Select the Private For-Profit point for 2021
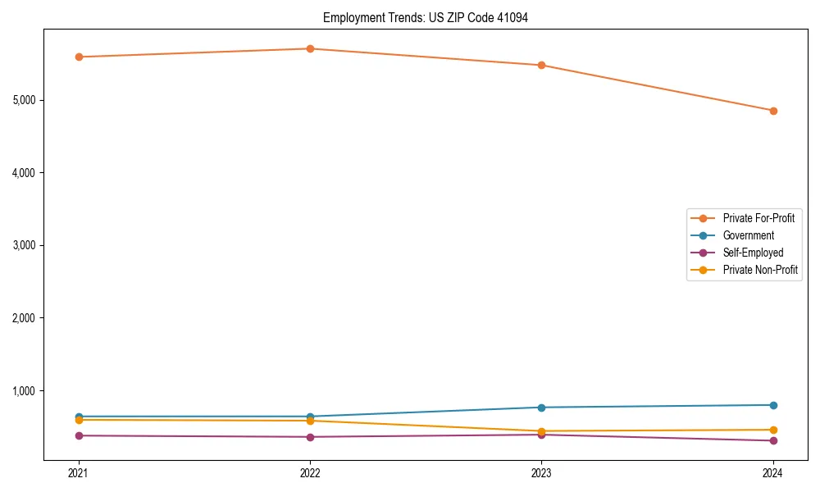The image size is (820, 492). (79, 57)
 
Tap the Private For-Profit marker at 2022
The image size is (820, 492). (310, 48)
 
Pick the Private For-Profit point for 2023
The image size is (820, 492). (541, 65)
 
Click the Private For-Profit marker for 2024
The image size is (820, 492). (773, 111)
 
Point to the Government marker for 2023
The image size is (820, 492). (541, 408)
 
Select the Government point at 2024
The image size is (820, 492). (773, 405)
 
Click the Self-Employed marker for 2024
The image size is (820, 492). (773, 441)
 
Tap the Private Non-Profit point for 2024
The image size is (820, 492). (773, 430)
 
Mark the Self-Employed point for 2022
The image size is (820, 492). (310, 437)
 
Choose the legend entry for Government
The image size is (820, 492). (748, 235)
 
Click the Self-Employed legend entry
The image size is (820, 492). (753, 253)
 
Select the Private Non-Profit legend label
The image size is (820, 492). (760, 270)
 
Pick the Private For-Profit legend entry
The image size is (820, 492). (758, 218)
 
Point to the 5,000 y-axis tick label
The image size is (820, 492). (24, 100)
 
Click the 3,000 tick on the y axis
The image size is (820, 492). (24, 245)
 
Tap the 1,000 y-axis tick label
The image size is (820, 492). (24, 390)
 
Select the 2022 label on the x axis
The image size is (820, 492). (310, 473)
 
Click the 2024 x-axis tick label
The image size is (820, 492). (773, 473)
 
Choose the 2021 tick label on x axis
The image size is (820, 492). (79, 473)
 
